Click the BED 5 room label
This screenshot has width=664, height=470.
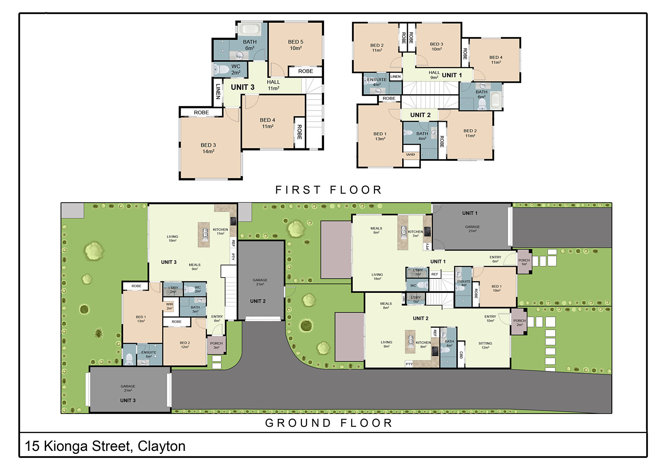[x=295, y=44]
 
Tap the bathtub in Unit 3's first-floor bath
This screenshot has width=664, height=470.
[x=249, y=29]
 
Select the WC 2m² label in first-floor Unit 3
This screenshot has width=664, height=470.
[x=236, y=69]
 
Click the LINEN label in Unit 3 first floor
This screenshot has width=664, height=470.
[x=218, y=91]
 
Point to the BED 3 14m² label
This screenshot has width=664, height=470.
[x=208, y=148]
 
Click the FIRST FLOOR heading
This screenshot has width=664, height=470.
[x=328, y=190]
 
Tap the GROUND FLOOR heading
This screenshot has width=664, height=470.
[x=329, y=423]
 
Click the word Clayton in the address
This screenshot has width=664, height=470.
[x=161, y=446]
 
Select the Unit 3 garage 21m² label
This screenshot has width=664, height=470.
[x=128, y=388]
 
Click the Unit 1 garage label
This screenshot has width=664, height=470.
[x=472, y=229]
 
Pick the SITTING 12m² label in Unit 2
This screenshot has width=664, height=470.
[x=485, y=345]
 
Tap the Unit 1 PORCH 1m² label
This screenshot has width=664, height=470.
[x=524, y=262]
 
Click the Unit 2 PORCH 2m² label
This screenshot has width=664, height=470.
[x=520, y=322]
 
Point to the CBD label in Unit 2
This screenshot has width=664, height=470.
[x=461, y=355]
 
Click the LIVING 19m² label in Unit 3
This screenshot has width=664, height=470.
[x=172, y=238]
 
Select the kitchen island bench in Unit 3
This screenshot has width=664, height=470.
[x=204, y=235]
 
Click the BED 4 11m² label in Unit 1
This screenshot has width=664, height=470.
[x=496, y=59]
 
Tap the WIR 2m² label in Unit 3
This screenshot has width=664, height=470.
[x=169, y=306]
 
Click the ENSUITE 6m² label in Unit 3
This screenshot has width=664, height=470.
[x=149, y=354]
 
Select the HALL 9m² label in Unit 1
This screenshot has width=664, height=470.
[x=434, y=75]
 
